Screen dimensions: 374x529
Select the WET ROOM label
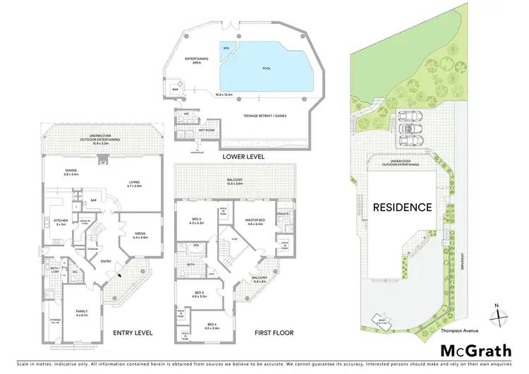(x=207, y=131)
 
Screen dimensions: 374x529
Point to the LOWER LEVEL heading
(x=242, y=157)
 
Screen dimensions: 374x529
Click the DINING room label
(x=71, y=171)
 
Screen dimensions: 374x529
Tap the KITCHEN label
(x=60, y=221)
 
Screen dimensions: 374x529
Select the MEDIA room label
(x=140, y=235)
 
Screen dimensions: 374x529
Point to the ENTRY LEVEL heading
(x=133, y=332)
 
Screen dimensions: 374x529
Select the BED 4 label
(x=211, y=325)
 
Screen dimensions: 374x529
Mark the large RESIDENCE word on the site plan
(x=403, y=207)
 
